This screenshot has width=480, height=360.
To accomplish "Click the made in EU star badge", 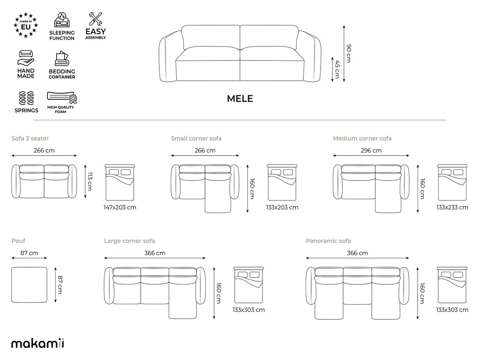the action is point(26,25).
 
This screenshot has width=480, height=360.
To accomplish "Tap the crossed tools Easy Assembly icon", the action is point(95,19).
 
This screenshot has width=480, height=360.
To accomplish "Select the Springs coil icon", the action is point(26,98).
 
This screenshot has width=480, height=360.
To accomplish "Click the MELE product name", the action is point(240,98).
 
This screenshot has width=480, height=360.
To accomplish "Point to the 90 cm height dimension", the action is point(349,53).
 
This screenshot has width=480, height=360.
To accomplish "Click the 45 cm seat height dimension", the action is point(337,69).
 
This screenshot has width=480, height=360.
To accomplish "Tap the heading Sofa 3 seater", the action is point(30,138).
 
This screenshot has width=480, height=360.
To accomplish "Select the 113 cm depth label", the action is point(90,181).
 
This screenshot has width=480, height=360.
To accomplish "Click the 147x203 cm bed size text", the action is point(120,207).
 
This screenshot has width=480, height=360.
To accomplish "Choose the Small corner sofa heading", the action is point(196,138).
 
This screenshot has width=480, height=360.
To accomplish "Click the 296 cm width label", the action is point(371,150).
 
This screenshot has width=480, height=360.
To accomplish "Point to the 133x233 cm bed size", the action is point(452,207).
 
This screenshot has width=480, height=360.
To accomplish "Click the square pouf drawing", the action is point(30,285).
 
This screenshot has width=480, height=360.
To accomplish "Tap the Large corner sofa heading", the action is point(129,241).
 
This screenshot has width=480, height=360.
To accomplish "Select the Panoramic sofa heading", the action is point(329,241).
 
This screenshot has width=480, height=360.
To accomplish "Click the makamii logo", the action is point(37,344).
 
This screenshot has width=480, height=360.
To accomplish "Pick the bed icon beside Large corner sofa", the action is point(248,285).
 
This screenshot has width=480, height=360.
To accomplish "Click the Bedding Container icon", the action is point(62,59).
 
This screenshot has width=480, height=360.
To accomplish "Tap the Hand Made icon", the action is point(26,58).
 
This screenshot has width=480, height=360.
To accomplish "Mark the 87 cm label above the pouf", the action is point(30,253).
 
